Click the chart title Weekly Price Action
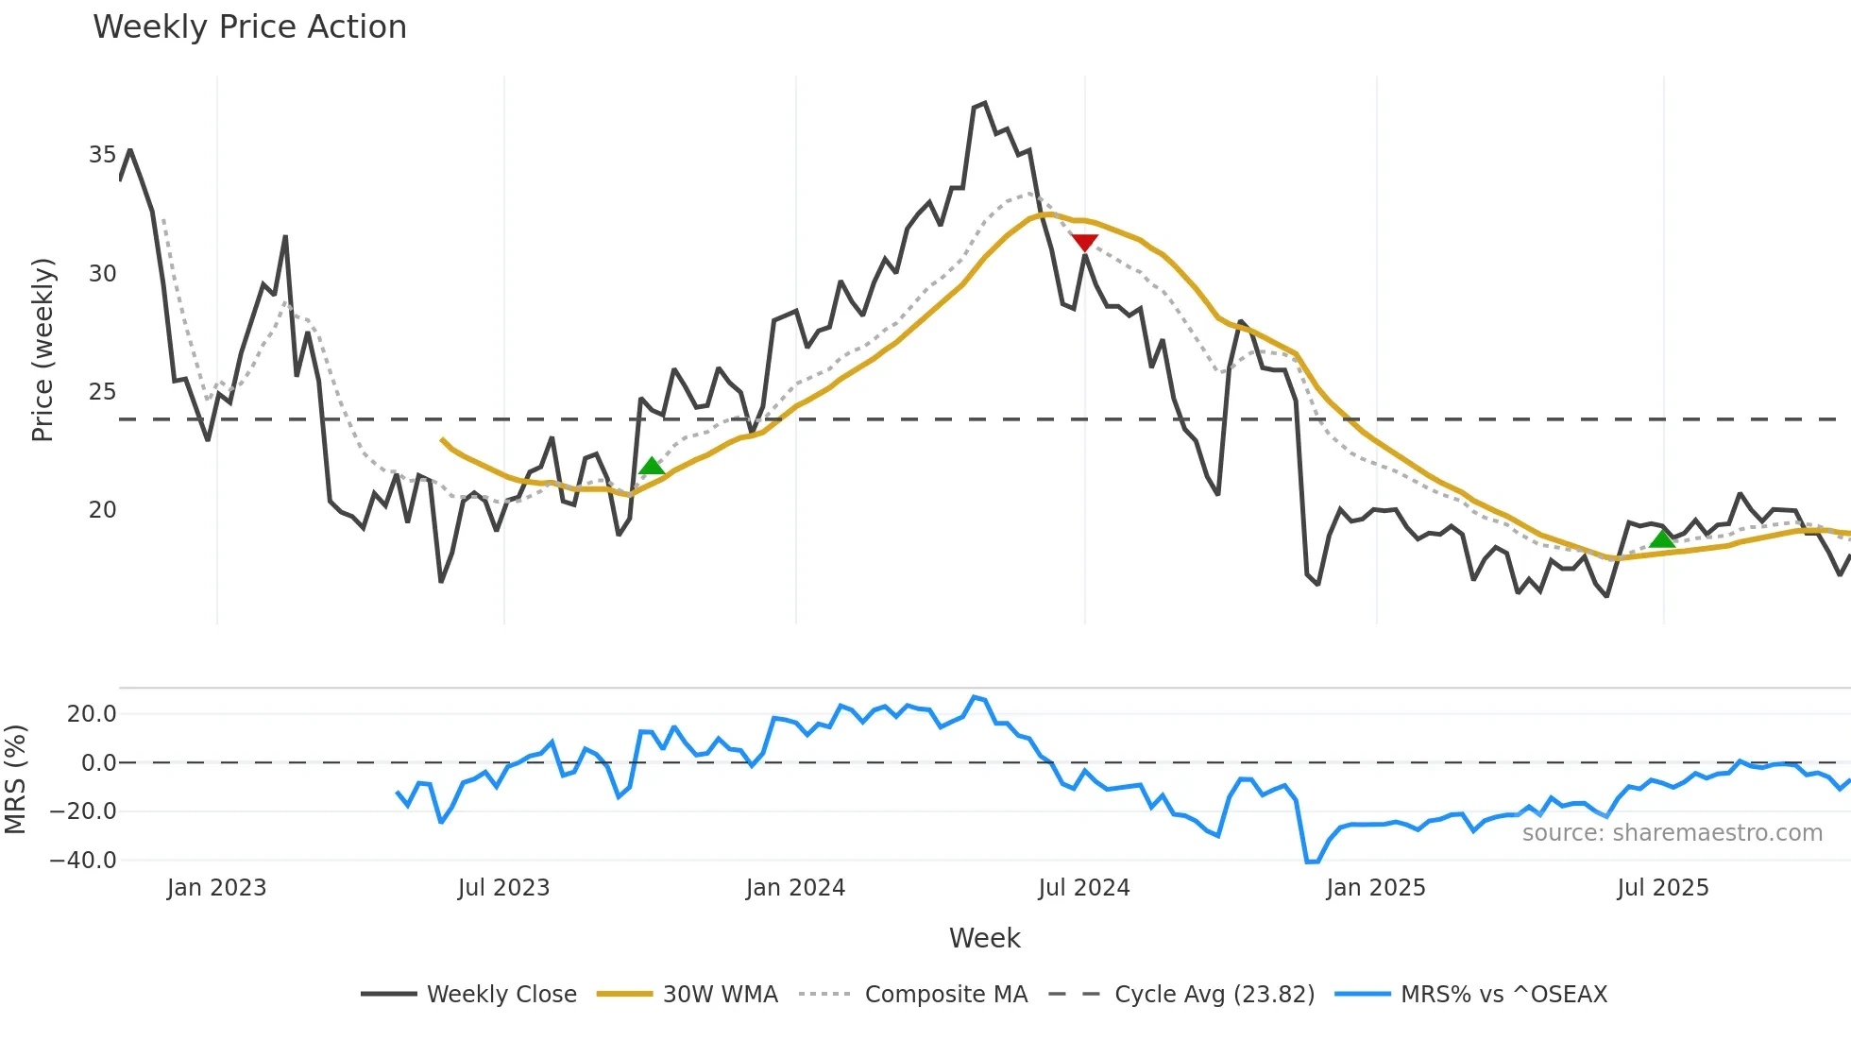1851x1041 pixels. pos(249,26)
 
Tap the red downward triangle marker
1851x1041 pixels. pos(1084,243)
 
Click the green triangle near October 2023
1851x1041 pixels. pos(652,466)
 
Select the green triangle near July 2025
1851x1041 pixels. pos(1662,538)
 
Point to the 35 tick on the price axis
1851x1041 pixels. pos(102,155)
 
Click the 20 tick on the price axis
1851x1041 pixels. pos(102,510)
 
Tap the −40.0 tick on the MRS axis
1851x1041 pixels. pos(83,861)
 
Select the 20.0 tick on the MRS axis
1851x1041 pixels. pos(92,714)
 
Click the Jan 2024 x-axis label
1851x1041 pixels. pos(795,888)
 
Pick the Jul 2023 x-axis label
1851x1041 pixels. pos(503,888)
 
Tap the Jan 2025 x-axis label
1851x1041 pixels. pos(1375,888)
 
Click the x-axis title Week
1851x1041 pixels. pos(984,938)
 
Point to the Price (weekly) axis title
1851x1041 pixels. pos(42,350)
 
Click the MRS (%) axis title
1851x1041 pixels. pos(15,779)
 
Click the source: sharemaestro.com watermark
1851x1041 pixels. pos(1672,833)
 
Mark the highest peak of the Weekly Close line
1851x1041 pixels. pos(984,103)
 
